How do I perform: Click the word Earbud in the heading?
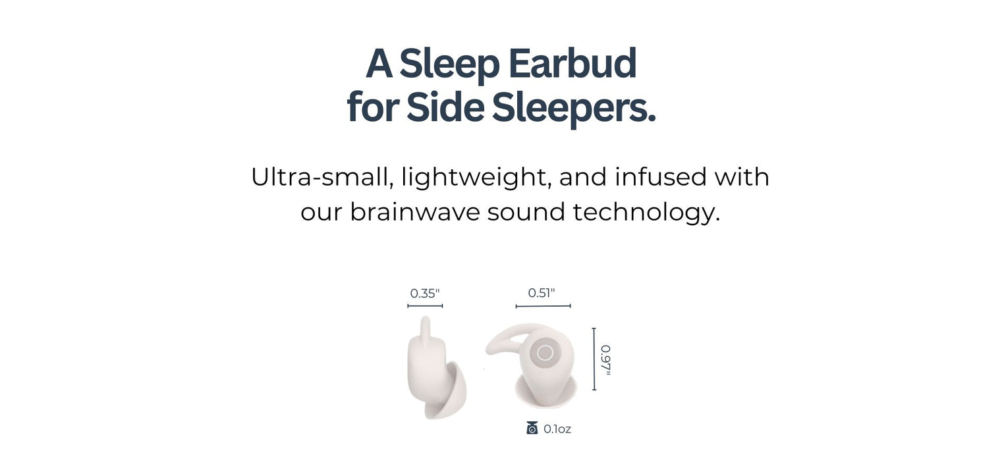tap(572, 64)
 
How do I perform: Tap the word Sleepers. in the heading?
tap(574, 107)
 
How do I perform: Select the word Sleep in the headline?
tap(449, 64)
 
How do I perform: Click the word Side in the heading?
tap(445, 107)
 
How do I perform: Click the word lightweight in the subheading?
tap(476, 177)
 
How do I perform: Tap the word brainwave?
tap(414, 212)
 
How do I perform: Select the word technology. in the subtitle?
tap(646, 212)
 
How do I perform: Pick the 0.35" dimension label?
tap(424, 294)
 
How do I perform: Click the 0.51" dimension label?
tap(542, 293)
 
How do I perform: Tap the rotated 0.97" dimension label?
tap(605, 359)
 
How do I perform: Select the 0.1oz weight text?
tap(557, 429)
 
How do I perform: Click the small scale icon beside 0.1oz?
tap(532, 429)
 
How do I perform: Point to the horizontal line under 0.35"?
tap(425, 306)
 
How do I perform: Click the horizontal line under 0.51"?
tap(543, 306)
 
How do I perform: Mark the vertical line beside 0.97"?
tap(594, 359)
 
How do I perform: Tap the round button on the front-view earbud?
tap(545, 353)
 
